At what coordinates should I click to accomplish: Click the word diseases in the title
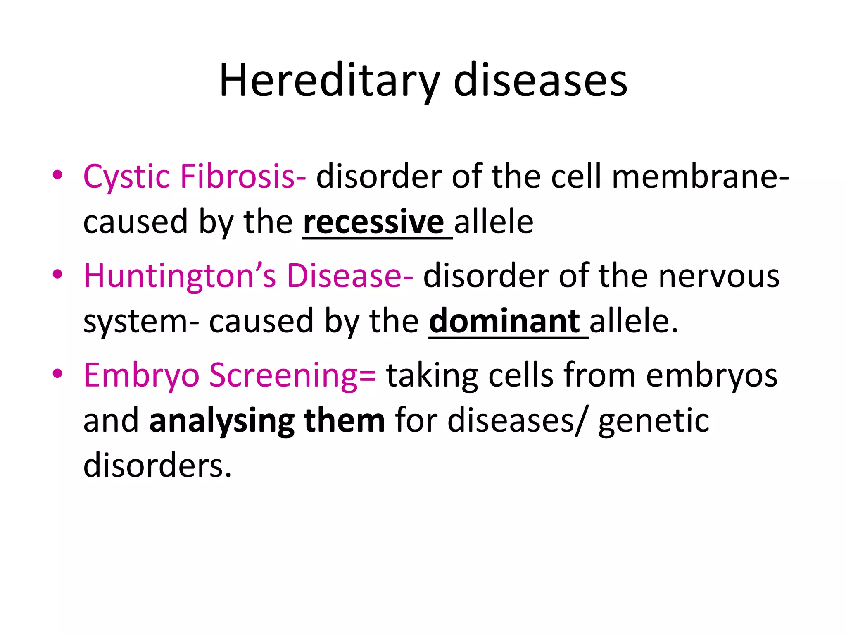pyautogui.click(x=540, y=81)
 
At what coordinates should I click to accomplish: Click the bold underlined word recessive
pyautogui.click(x=373, y=222)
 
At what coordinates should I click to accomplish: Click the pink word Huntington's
pyautogui.click(x=180, y=276)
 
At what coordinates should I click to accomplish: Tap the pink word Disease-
pyautogui.click(x=349, y=276)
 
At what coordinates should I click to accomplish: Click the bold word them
pyautogui.click(x=344, y=421)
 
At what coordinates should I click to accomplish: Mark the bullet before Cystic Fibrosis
pyautogui.click(x=57, y=175)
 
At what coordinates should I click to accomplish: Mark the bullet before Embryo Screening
pyautogui.click(x=57, y=373)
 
